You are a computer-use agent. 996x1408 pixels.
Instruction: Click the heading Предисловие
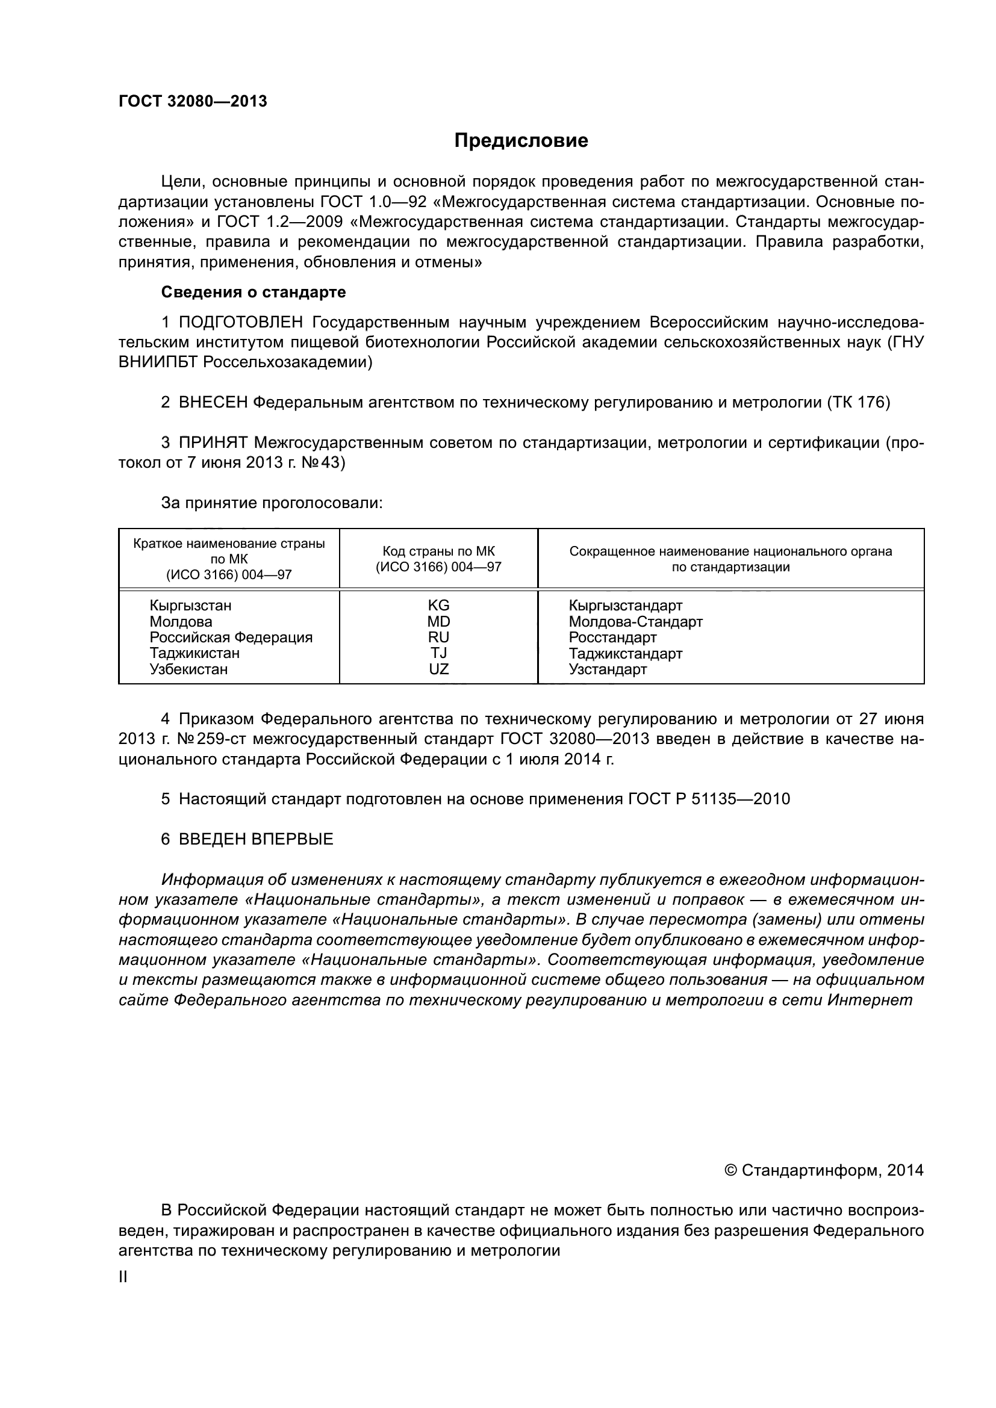(x=521, y=141)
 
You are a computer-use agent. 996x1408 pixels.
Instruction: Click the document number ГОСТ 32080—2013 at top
(x=193, y=102)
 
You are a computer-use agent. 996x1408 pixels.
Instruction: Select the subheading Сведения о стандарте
(x=254, y=293)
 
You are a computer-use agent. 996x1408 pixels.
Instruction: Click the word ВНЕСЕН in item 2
(x=213, y=403)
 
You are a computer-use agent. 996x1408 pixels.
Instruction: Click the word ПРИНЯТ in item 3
(x=213, y=443)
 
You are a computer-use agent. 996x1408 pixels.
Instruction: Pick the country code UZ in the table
(x=438, y=669)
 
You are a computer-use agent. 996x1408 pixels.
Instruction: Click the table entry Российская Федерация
(x=231, y=637)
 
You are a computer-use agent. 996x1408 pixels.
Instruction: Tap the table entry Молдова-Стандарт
(x=635, y=622)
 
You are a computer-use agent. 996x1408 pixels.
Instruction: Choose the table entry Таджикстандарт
(x=626, y=654)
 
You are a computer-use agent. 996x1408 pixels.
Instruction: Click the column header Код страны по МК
(x=438, y=551)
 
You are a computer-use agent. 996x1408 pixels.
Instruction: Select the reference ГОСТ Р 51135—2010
(x=709, y=799)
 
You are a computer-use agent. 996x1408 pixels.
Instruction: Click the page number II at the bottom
(x=123, y=1277)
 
